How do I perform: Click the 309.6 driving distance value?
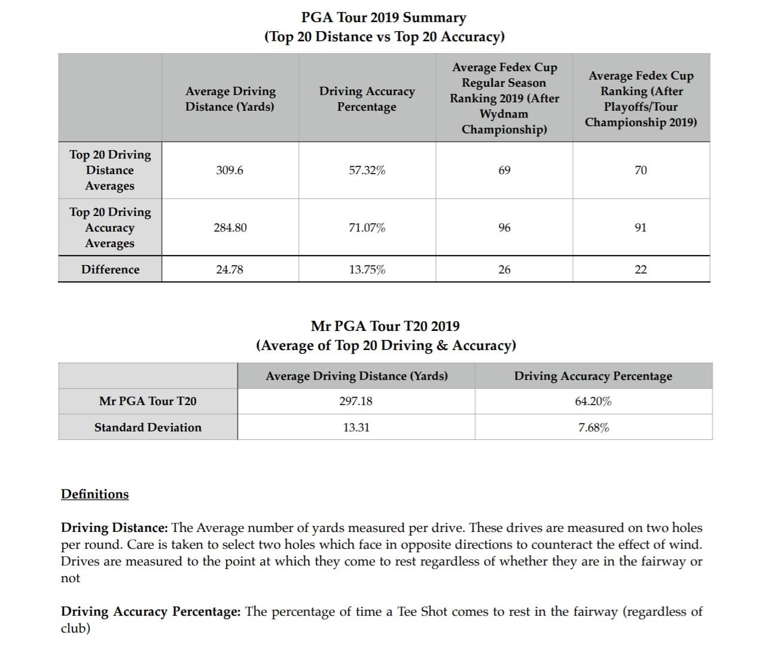click(x=230, y=171)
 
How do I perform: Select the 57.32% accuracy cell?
click(x=367, y=171)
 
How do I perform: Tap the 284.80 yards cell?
click(x=230, y=228)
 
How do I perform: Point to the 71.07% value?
click(x=367, y=228)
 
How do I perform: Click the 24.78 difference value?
click(x=230, y=270)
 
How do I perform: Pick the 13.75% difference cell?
click(x=367, y=270)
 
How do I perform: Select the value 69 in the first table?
click(x=504, y=171)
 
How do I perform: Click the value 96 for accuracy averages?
click(x=504, y=228)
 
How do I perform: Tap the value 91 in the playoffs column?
click(x=640, y=228)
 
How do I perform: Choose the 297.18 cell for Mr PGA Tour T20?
click(x=356, y=402)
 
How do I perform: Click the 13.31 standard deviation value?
click(x=356, y=428)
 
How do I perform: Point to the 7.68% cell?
click(x=593, y=428)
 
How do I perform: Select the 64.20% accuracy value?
click(x=593, y=402)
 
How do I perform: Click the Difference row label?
click(x=110, y=270)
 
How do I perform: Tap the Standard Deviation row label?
click(x=148, y=428)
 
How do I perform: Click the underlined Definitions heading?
click(x=94, y=494)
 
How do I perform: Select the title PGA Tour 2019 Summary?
click(x=392, y=18)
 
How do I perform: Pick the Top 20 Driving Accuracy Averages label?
click(x=110, y=228)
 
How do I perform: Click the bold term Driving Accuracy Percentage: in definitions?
click(x=151, y=612)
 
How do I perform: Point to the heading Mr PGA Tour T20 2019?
click(x=385, y=327)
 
